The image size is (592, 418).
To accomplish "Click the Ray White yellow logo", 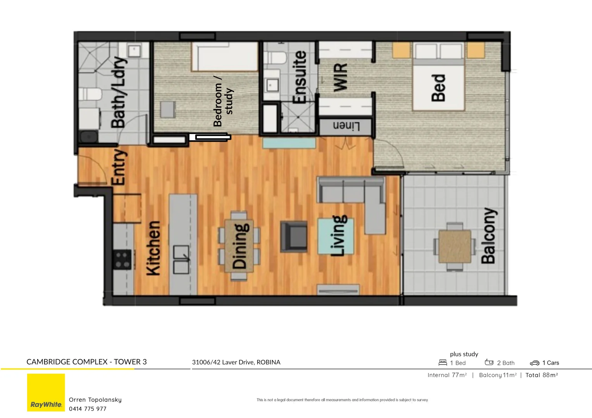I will click(46, 392).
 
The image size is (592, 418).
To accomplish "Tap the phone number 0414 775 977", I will click(88, 409).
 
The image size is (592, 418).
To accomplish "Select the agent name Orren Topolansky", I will click(95, 399).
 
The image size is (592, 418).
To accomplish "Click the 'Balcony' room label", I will click(489, 236).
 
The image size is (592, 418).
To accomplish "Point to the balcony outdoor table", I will click(455, 247).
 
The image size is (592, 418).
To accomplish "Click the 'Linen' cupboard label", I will click(346, 127).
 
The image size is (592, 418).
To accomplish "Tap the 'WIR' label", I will click(340, 78).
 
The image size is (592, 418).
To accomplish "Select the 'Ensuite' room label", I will click(299, 77).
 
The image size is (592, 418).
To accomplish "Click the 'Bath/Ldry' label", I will click(118, 92).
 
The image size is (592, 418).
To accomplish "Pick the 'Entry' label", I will click(119, 167).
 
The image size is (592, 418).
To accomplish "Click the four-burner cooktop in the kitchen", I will click(122, 260).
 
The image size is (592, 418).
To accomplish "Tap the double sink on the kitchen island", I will click(181, 259).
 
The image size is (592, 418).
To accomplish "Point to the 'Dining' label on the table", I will click(239, 246).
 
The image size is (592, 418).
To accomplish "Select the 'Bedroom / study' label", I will click(223, 101).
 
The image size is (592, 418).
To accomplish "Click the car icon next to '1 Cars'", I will click(534, 363).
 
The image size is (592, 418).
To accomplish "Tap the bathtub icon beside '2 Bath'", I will click(489, 362).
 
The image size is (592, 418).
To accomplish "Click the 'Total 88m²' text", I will click(541, 375).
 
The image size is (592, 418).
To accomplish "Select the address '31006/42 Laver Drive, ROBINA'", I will click(236, 362).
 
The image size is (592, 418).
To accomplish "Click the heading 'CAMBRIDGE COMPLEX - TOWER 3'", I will click(86, 362).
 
